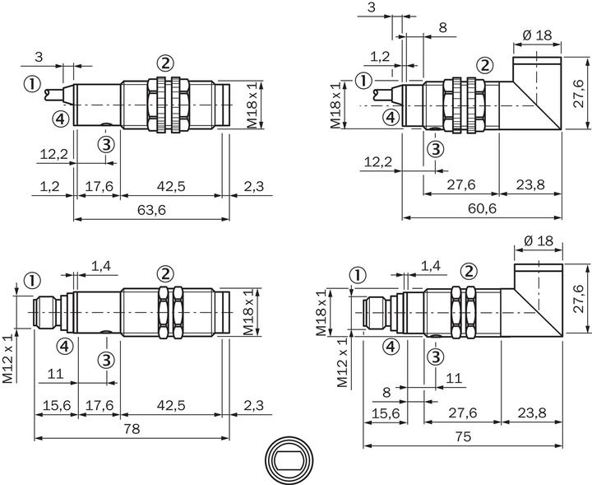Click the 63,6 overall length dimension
point(150,211)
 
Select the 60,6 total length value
point(482,210)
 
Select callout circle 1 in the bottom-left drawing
point(32,281)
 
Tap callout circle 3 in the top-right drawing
point(436,149)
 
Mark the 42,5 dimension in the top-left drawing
point(171,187)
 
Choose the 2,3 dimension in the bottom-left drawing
point(254,405)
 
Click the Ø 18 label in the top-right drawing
point(537,35)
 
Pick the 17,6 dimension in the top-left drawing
point(99,187)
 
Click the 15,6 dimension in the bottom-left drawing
point(55,405)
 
